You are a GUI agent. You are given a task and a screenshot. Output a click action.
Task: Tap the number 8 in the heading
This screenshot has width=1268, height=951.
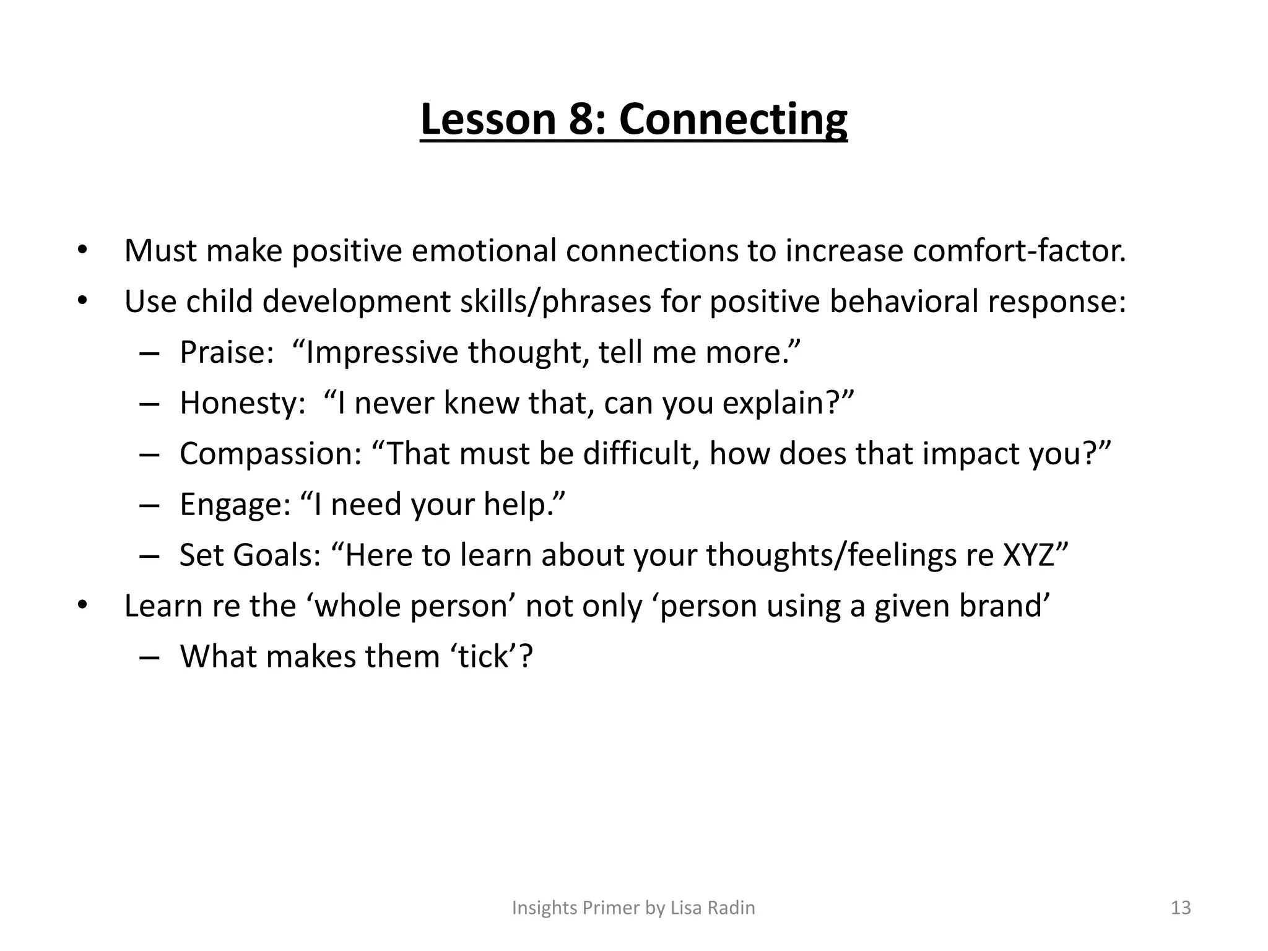[x=581, y=119]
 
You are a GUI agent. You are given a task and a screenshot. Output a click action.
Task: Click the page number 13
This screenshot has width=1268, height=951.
[x=1181, y=908]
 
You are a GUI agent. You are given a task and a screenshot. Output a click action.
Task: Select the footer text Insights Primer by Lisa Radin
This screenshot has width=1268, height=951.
[x=633, y=908]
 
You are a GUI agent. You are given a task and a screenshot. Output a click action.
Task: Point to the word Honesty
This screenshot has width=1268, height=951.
[x=242, y=403]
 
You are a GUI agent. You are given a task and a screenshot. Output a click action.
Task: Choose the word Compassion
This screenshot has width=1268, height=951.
[x=271, y=454]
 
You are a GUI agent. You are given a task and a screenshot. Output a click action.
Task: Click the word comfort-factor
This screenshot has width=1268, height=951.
[x=1019, y=251]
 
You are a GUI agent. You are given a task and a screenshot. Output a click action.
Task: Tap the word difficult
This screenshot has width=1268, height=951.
[x=641, y=454]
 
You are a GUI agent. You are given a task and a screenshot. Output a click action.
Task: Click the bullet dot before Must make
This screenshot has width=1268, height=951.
[x=82, y=251]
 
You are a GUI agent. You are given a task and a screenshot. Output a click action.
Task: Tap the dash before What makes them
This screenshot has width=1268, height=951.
[x=149, y=658]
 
